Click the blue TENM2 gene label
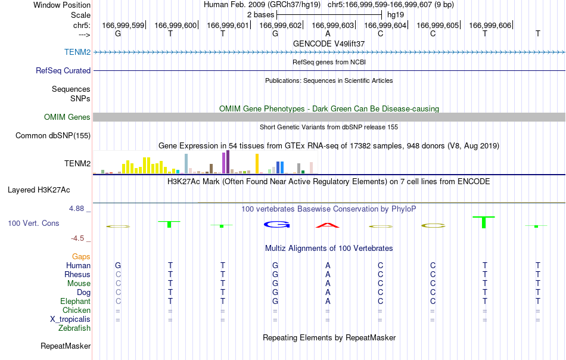[x=77, y=52]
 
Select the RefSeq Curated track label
[x=63, y=70]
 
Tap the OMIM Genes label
[x=67, y=117]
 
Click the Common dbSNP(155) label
[x=52, y=135]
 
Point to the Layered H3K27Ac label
[x=39, y=190]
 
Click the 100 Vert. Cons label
[x=33, y=223]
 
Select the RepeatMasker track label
[x=66, y=346]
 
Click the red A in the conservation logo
[x=328, y=225]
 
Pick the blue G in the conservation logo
[x=276, y=225]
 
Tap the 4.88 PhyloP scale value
[x=76, y=209]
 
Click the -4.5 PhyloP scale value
[x=77, y=238]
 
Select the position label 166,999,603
[x=333, y=25]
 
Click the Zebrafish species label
[x=74, y=328]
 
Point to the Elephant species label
[x=75, y=301]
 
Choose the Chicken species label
[x=76, y=310]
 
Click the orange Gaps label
[x=81, y=256]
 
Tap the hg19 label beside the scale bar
[x=395, y=15]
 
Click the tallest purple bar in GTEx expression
[x=228, y=162]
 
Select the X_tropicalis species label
[x=70, y=319]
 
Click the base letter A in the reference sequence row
[x=328, y=34]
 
